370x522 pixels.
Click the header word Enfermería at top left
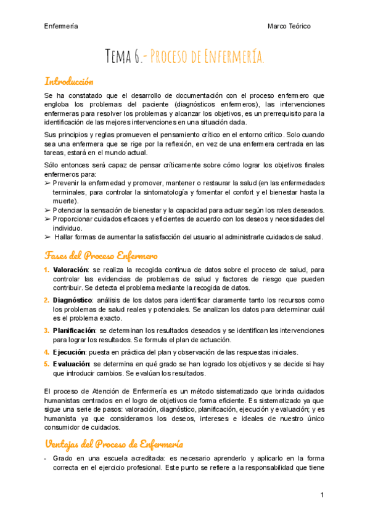[60, 26]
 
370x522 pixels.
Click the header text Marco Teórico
[289, 26]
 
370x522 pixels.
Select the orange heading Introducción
[68, 81]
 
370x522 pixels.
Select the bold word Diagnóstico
[72, 300]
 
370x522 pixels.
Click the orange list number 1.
[47, 270]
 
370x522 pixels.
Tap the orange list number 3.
[47, 331]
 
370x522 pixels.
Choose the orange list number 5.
[47, 364]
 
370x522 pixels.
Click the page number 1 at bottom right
[322, 496]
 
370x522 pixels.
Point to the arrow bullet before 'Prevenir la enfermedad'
[48, 183]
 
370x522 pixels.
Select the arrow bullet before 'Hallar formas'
[48, 237]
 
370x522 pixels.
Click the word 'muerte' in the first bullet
[64, 201]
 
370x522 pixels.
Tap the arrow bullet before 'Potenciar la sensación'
[48, 210]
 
